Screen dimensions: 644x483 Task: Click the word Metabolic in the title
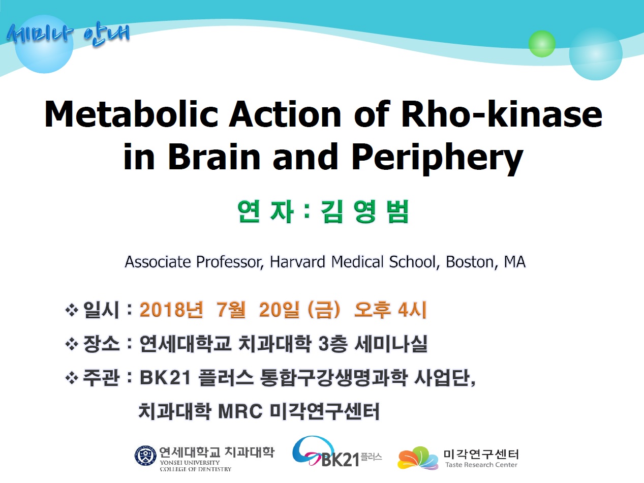132,114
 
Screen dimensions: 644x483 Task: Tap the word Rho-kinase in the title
501,114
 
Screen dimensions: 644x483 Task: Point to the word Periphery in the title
437,159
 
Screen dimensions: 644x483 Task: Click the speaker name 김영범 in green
364,212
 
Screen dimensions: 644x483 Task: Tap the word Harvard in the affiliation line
297,262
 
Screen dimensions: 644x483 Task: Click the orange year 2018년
171,310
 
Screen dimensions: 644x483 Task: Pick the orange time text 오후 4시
390,310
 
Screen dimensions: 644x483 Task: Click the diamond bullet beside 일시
72,310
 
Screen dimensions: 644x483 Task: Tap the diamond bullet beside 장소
72,344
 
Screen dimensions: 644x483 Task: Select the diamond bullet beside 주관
72,378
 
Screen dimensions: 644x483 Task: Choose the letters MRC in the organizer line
240,411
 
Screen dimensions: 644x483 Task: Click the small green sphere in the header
542,44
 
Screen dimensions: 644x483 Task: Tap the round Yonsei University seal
145,456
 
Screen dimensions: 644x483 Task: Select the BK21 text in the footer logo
341,459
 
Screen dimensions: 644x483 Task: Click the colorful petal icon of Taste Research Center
418,458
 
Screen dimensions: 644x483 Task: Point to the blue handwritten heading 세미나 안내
68,35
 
